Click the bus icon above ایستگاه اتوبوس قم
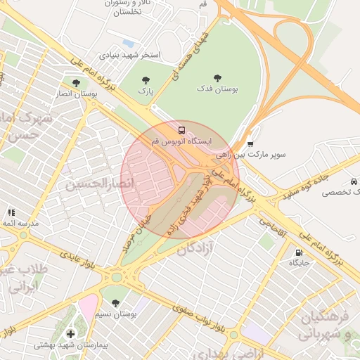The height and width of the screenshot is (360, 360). coord(181,130)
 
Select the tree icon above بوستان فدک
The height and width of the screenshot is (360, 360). coord(217,78)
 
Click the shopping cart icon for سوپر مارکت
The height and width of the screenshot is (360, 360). coord(250,143)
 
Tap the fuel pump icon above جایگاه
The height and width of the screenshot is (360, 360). coord(299,252)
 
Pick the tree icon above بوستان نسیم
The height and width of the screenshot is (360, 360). coord(115,303)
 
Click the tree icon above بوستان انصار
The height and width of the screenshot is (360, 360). coord(75,83)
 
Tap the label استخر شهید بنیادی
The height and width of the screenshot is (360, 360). coord(129,54)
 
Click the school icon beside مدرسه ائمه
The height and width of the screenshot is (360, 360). coord(11,212)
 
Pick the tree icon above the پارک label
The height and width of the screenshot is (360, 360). coord(146,80)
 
